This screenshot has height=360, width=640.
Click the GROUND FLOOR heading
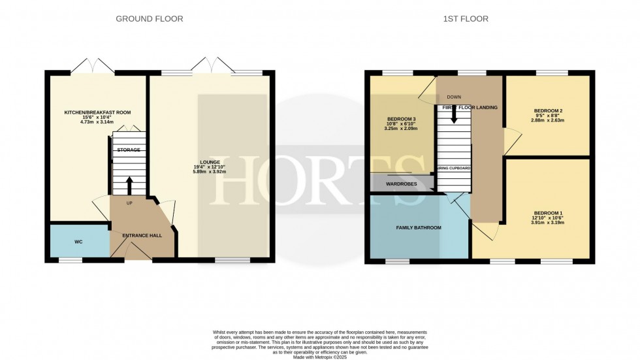tap(149, 19)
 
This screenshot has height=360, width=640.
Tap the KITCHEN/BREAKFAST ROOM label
tap(97, 113)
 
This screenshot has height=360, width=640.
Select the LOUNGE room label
tap(210, 161)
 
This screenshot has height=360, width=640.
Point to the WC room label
tap(78, 242)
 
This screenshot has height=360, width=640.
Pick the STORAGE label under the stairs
tap(129, 150)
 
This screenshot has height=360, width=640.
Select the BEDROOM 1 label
tap(547, 213)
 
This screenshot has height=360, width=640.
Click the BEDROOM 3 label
tap(401, 120)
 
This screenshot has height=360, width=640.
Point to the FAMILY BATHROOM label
tap(419, 228)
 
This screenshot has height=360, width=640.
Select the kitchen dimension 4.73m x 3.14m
tap(97, 122)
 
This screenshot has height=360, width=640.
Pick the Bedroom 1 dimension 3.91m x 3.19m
tap(547, 222)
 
